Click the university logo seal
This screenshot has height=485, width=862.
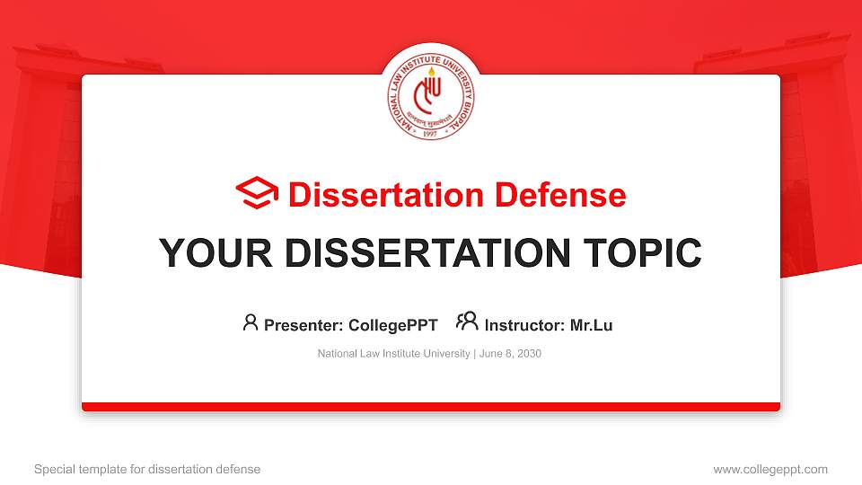[x=431, y=101]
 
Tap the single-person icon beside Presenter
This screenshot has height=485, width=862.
[x=251, y=322]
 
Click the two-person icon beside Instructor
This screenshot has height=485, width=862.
[x=467, y=322]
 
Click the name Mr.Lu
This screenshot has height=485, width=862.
[x=591, y=325]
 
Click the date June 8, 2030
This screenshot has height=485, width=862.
[x=510, y=354]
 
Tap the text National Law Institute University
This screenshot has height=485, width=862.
[x=393, y=354]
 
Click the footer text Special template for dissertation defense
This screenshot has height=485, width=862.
[x=147, y=469]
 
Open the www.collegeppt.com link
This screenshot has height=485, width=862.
[x=770, y=469]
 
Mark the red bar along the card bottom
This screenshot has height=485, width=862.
[x=431, y=407]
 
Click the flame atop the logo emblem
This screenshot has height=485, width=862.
[x=431, y=72]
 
